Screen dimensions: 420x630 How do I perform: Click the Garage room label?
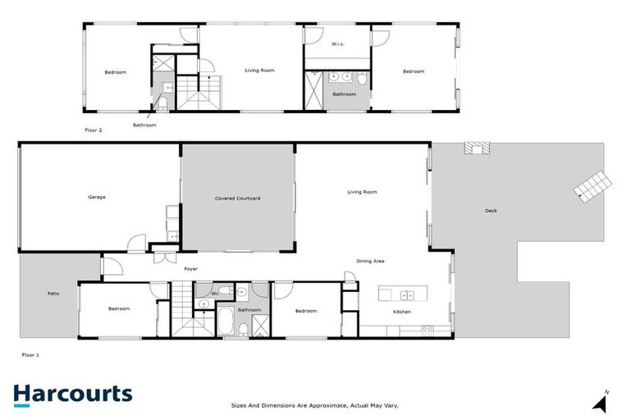point(97,197)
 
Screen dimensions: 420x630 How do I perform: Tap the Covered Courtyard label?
point(238,199)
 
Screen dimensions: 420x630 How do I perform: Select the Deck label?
point(491,211)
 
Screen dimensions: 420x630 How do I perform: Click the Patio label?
point(52,293)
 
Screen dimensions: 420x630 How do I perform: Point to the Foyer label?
point(190,269)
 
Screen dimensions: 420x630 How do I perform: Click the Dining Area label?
point(371,262)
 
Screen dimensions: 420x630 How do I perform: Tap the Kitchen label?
point(401,312)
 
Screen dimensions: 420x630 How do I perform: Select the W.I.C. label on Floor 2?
point(337,43)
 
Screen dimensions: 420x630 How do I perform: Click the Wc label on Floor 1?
point(215,293)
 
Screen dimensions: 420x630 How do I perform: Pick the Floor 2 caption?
point(94,130)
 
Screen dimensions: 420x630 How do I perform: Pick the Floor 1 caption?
point(30,355)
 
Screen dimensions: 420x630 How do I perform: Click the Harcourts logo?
point(72,395)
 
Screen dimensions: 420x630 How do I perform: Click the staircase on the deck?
point(592,185)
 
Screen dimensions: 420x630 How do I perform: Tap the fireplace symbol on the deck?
point(476,148)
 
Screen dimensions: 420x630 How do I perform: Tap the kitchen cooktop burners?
point(427,329)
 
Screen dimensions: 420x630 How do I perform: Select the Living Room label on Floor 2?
point(259,71)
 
